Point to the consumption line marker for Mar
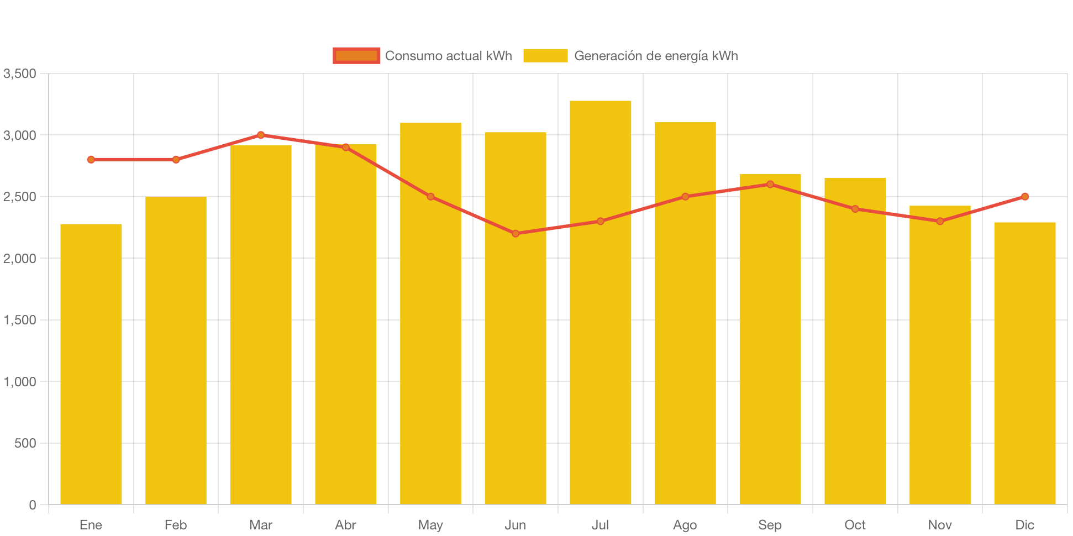tap(261, 135)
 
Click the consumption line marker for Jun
tap(516, 233)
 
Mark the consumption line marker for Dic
tap(1024, 197)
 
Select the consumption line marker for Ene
tap(91, 160)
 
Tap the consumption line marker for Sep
tap(770, 184)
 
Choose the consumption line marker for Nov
tap(940, 221)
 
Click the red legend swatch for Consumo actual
tap(356, 56)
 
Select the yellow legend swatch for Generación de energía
tap(545, 56)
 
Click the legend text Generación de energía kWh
tap(656, 56)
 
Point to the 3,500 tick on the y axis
tap(20, 73)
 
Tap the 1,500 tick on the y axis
tap(20, 320)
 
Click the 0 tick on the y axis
tap(32, 505)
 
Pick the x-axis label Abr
tap(345, 525)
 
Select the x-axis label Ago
tap(685, 525)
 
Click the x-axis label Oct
tap(855, 525)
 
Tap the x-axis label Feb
tap(176, 525)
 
